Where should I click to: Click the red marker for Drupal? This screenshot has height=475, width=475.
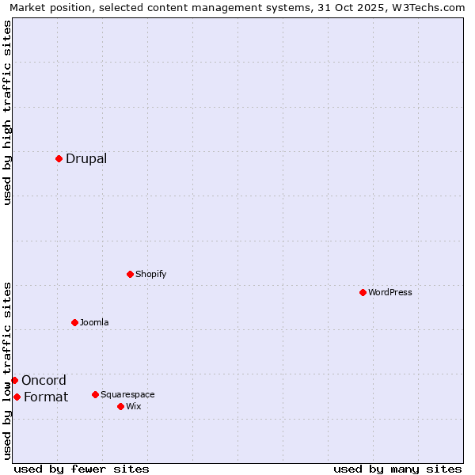pos(59,158)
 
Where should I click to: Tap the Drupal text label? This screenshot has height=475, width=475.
pos(86,158)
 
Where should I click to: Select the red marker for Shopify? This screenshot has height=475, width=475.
pos(130,274)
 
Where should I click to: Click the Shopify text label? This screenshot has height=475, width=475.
pos(151,274)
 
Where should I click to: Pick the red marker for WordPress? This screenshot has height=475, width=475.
pos(363,292)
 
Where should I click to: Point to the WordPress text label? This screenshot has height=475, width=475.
pos(390,292)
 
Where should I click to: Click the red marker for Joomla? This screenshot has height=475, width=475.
pos(74,322)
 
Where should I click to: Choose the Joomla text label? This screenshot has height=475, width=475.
pos(94,322)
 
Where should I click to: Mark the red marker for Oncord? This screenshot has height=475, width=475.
pos(14,380)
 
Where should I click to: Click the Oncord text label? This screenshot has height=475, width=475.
pos(44,380)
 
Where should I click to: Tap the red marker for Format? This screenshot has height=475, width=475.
pos(17,397)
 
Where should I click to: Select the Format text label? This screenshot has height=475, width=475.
pos(46,397)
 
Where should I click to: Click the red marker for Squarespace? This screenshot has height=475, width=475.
pos(95,394)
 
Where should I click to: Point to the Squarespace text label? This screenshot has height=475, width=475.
pos(127,394)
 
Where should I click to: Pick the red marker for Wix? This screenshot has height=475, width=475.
pos(120,406)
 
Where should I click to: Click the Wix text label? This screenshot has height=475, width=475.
pos(134,406)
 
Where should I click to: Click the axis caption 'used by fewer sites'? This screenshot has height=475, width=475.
pos(82,469)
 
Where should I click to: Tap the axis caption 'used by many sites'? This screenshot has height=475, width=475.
pos(397,469)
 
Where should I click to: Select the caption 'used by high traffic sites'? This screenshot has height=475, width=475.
pos(7,112)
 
